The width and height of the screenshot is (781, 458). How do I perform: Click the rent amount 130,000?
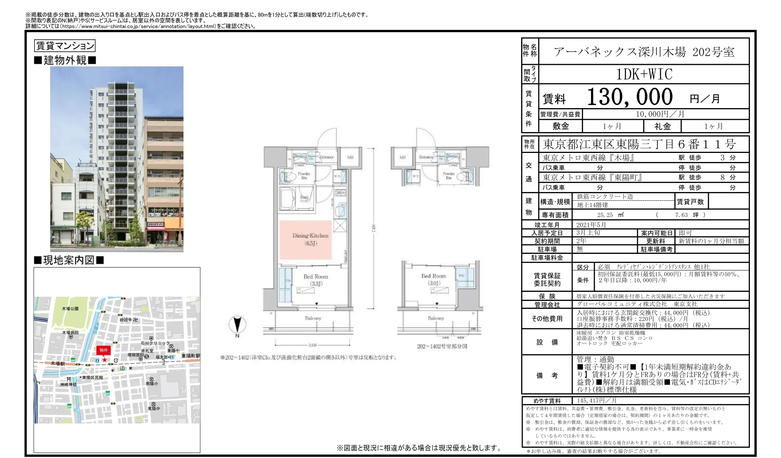point(629,97)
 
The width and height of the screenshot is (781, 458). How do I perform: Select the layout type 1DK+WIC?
point(644,74)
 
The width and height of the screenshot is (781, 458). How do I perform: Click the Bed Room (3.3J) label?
point(316,280)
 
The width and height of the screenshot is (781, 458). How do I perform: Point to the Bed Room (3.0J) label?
point(433,279)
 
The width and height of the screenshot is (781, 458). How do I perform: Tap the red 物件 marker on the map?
point(104,350)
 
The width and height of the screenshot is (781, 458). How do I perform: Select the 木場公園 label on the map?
point(70,308)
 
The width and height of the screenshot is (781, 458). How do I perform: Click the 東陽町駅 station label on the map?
point(190,356)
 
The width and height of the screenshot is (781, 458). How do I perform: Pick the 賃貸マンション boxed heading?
point(65,46)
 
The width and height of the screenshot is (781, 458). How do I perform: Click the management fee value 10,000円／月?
point(660,114)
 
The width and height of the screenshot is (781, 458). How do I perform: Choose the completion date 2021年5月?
point(591,225)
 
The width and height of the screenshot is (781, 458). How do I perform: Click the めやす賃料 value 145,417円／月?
point(596,401)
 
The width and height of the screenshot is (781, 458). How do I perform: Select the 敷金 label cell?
point(561,126)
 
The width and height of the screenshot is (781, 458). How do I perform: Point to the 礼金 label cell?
point(662,126)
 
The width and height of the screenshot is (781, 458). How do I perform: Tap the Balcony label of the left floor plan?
point(313,318)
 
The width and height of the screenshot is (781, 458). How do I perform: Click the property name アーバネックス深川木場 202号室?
point(644,52)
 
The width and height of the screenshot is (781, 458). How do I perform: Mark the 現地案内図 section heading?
point(69,260)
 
